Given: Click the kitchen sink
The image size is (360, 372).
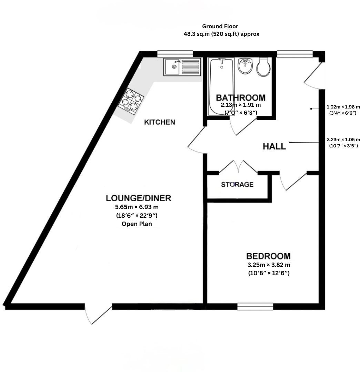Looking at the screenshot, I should tap(182, 66).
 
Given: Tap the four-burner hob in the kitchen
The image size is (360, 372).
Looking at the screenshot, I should tap(132, 101).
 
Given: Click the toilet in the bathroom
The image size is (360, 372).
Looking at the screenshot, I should tap(264, 67).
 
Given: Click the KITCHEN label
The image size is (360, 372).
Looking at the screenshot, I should tap(159, 122).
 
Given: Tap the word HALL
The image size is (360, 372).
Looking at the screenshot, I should tap(274, 146).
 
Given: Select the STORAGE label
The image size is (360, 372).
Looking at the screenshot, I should tap(237, 185).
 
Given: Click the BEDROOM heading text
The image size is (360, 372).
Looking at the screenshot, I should tap(268, 256).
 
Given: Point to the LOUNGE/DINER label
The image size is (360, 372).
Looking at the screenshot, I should tap(138, 198).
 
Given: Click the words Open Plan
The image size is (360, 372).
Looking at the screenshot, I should tap(137, 224).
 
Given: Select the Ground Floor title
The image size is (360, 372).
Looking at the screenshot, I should tap(220, 26).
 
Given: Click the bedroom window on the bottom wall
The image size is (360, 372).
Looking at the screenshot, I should tap(255, 306).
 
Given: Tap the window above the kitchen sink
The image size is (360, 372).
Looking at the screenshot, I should tap(175, 54).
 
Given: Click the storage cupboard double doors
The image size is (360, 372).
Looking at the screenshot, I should tap(238, 167).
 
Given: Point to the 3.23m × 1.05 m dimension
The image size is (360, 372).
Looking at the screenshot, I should tap(343, 139).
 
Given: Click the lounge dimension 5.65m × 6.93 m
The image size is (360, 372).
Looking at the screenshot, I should tap(137, 207).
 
